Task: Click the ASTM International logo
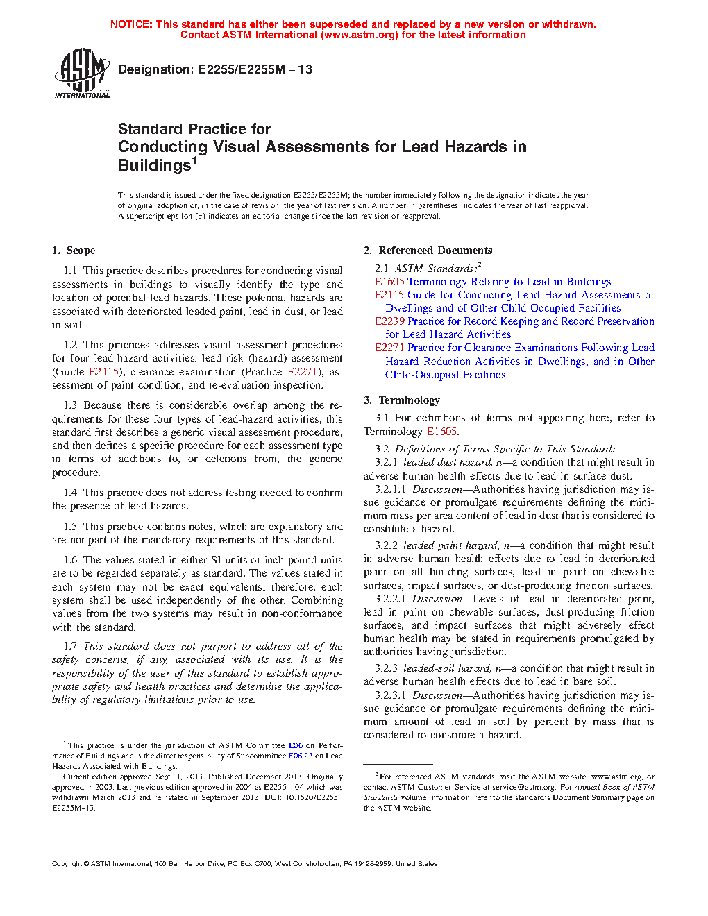pos(82,72)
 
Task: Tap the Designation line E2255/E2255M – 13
pos(215,69)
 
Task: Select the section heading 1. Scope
pos(74,251)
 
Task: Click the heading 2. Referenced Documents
pos(428,251)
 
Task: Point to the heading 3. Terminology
pos(402,400)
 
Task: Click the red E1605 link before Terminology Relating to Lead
pos(389,282)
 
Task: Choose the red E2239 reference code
pos(389,321)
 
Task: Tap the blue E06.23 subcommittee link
pos(301,756)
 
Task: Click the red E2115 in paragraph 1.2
pos(104,372)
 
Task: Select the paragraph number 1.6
pos(70,560)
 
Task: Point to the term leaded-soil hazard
pos(446,668)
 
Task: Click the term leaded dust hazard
pos(446,462)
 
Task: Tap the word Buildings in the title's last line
pos(154,166)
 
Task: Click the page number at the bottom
pos(353,881)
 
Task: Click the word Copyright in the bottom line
pos(67,864)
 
